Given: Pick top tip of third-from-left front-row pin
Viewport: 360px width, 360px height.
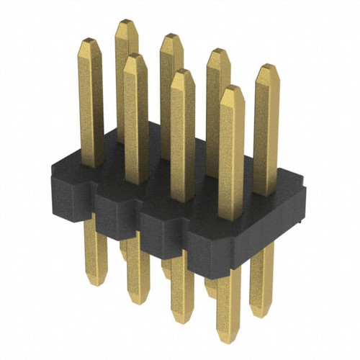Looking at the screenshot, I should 183,71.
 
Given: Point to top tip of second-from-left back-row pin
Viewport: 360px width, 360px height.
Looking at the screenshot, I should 171,35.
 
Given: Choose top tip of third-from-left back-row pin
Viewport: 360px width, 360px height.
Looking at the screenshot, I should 217,50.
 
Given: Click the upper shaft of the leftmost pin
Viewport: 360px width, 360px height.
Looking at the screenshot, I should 91,101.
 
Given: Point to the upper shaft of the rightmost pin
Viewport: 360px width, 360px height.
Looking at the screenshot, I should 266,130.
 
